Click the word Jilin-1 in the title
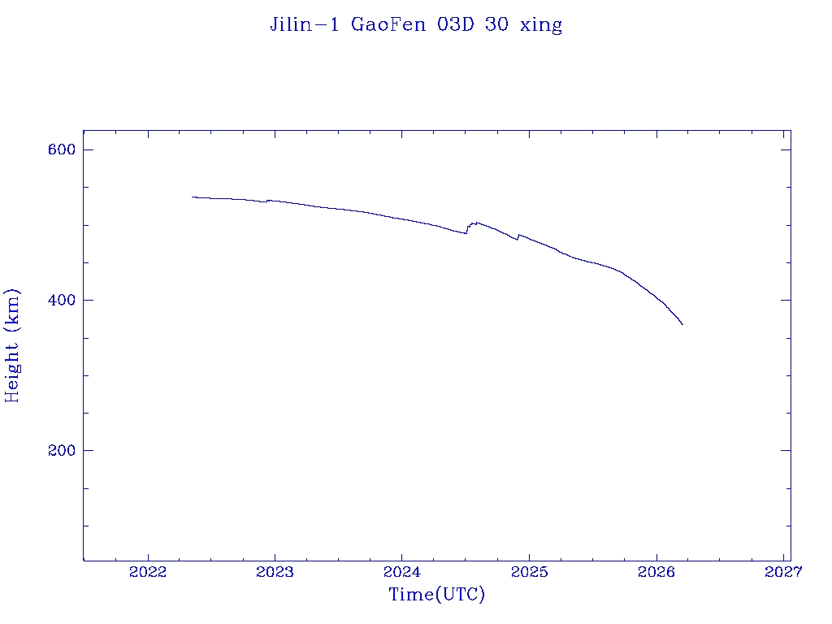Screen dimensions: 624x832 pyautogui.click(x=305, y=24)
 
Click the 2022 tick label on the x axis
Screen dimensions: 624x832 pyautogui.click(x=148, y=573)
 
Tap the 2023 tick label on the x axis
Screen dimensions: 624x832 pyautogui.click(x=275, y=573)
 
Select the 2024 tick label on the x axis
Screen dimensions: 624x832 pyautogui.click(x=401, y=573)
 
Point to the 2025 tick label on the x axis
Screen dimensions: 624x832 pyautogui.click(x=529, y=573)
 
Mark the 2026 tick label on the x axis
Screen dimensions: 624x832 pyautogui.click(x=656, y=573)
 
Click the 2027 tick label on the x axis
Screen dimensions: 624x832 pyautogui.click(x=783, y=573)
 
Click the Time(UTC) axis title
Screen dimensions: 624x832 pyautogui.click(x=437, y=595)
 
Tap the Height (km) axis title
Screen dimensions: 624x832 pyautogui.click(x=12, y=345)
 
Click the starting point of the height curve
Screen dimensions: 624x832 pyautogui.click(x=193, y=197)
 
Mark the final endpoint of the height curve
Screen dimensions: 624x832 pyautogui.click(x=682, y=325)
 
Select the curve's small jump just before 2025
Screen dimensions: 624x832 pyautogui.click(x=518, y=236)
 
